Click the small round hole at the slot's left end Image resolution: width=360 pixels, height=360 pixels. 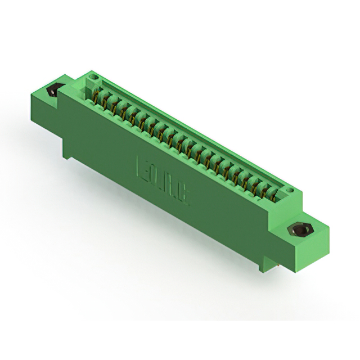pyautogui.click(x=93, y=77)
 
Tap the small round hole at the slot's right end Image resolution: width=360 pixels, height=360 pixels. pyautogui.click(x=290, y=191)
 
